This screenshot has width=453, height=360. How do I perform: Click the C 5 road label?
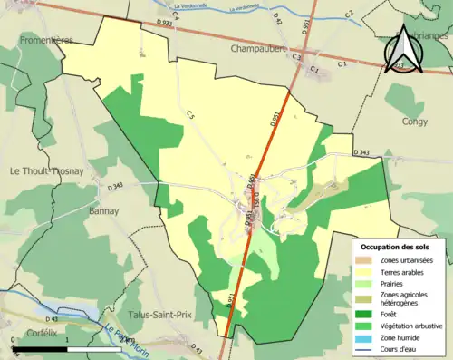click(x=191, y=114)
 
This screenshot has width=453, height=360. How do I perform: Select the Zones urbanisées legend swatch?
click(x=366, y=259)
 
